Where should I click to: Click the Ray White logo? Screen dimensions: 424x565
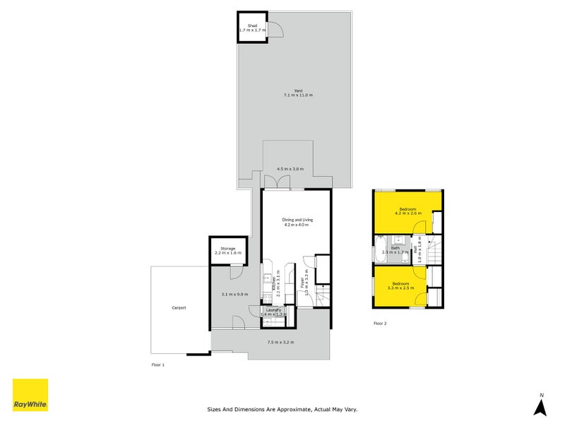30,395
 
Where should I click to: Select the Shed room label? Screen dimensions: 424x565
252,28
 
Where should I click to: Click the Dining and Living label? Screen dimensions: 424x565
297,222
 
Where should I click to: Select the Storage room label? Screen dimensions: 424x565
227,250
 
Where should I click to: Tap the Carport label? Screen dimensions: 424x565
179,307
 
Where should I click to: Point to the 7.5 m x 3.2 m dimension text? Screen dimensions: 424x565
280,342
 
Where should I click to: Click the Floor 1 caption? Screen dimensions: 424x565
157,365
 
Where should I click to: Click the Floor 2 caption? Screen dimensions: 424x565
380,324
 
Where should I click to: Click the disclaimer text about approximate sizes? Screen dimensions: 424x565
287,408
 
